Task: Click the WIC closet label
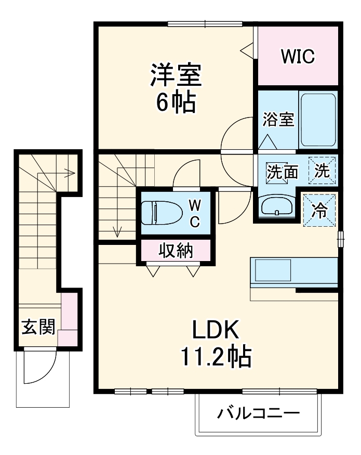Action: [298, 57]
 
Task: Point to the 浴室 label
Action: [278, 120]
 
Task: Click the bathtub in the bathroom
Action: [318, 120]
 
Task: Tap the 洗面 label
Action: [282, 172]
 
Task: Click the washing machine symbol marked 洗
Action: [323, 171]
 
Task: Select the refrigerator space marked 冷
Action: [320, 210]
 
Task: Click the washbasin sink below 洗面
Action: [277, 206]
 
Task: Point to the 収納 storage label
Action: [176, 251]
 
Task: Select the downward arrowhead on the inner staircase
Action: [117, 232]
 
